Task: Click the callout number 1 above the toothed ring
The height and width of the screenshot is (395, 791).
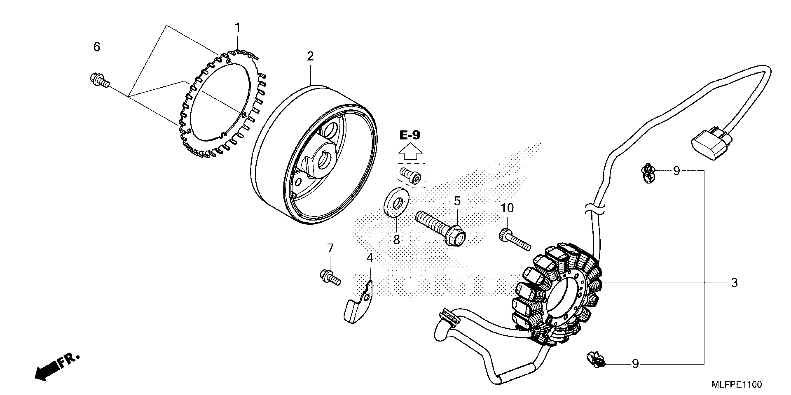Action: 237,28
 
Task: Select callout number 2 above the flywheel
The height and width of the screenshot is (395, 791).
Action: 310,57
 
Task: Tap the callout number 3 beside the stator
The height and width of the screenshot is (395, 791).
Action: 734,283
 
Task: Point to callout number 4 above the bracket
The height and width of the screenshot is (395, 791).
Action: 370,258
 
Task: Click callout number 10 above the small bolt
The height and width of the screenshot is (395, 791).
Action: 507,208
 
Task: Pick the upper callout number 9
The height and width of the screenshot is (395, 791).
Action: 677,171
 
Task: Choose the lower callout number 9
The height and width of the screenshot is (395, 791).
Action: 635,364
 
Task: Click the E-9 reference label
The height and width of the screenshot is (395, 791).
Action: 410,135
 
